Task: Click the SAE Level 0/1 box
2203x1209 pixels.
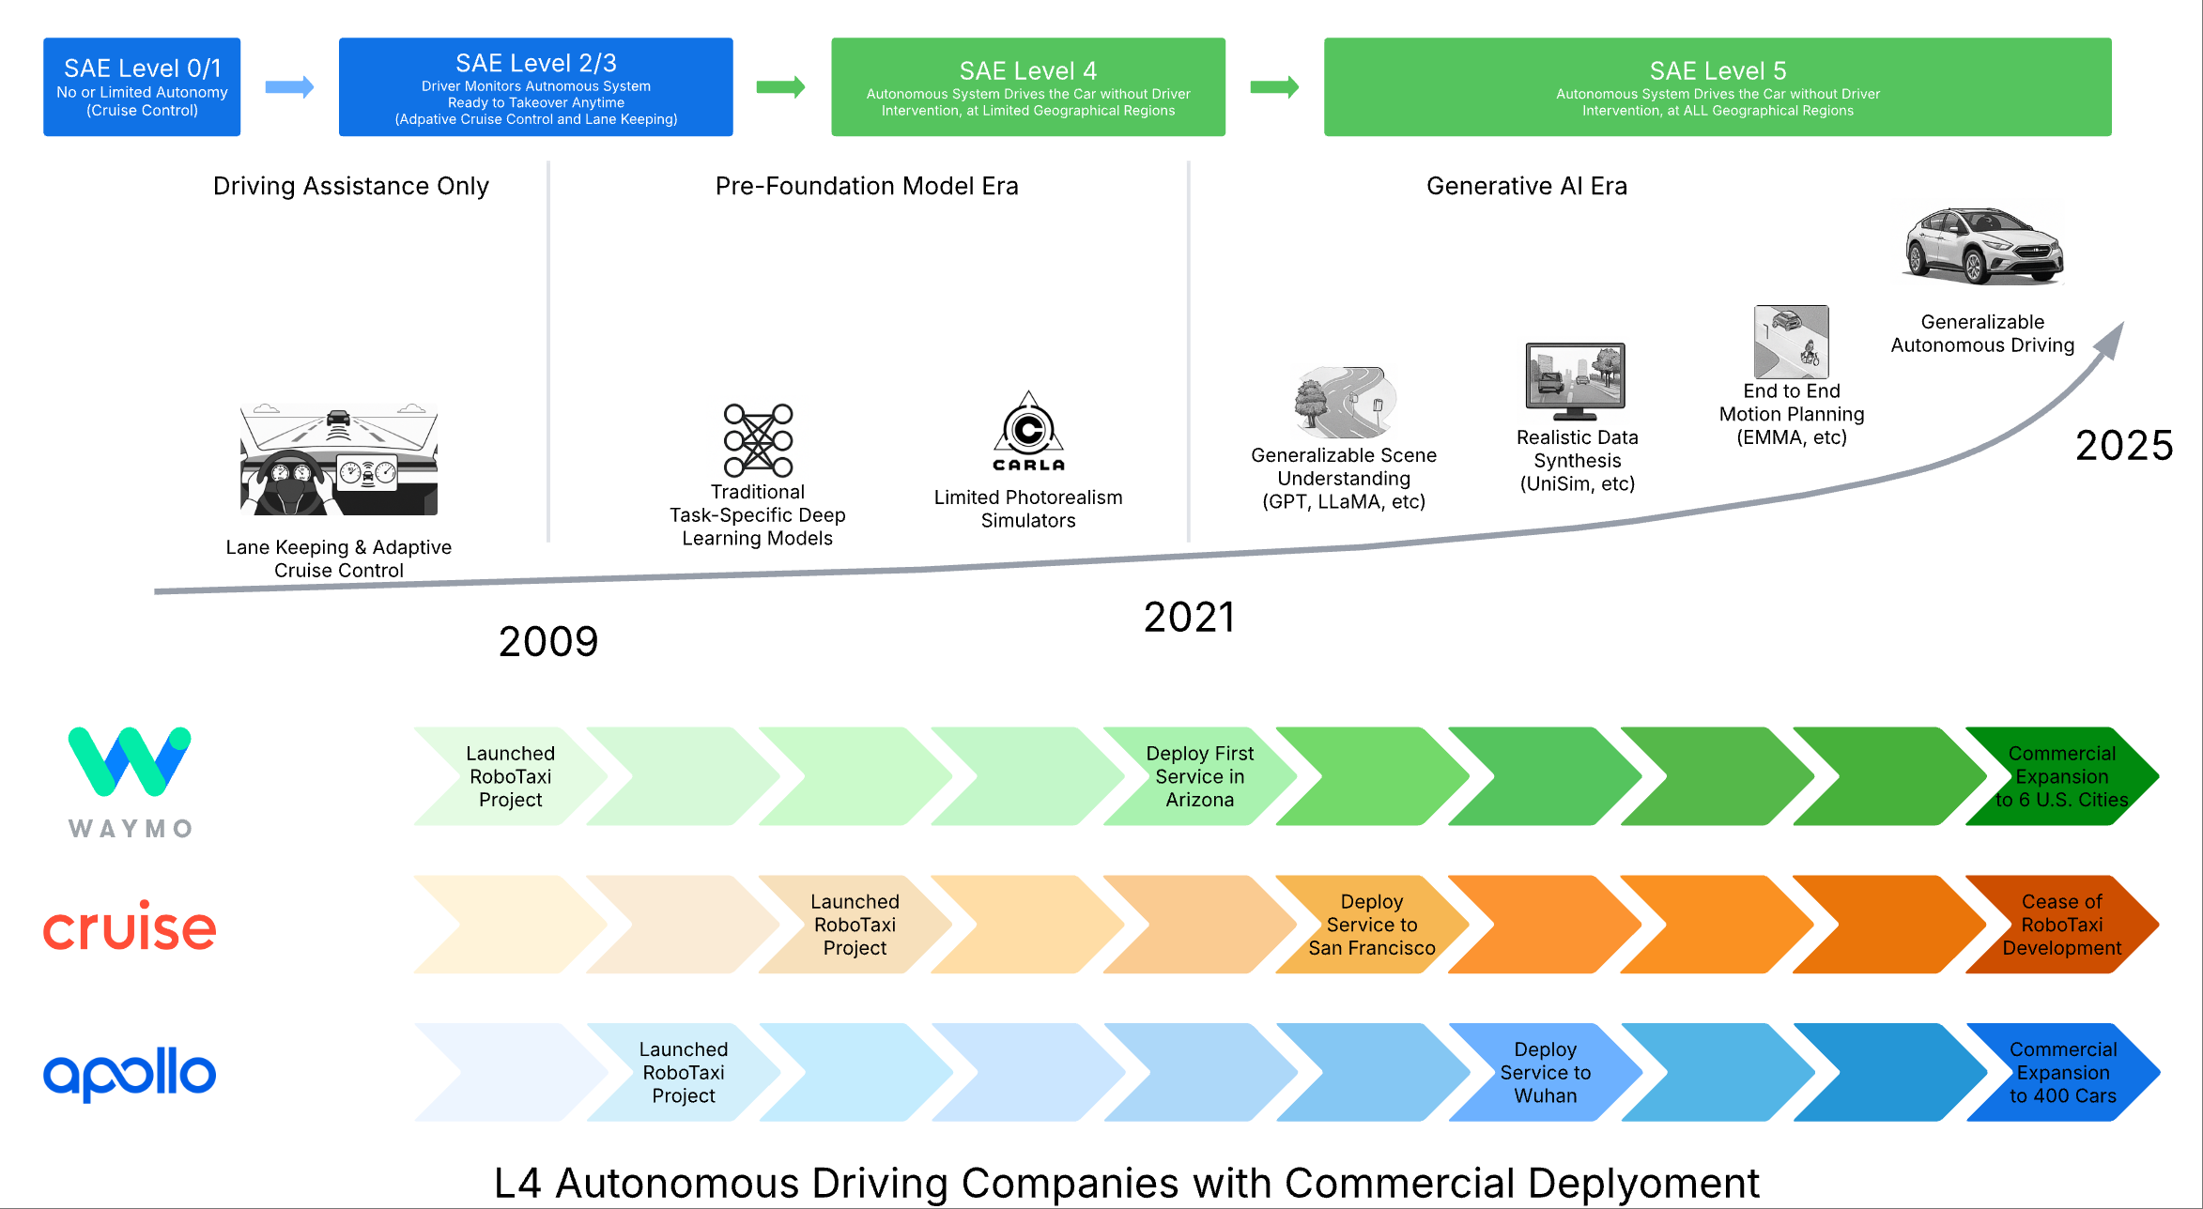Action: click(142, 86)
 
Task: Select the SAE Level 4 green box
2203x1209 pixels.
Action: click(1027, 86)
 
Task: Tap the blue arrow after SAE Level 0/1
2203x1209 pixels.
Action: click(289, 87)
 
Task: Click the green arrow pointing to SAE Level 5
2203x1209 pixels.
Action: click(1274, 87)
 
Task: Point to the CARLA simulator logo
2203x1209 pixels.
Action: click(1028, 433)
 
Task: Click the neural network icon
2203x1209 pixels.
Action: click(758, 440)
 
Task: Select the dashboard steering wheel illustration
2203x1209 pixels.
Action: click(338, 460)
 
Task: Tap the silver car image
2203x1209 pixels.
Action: click(1982, 246)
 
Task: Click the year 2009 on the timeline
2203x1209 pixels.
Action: click(548, 642)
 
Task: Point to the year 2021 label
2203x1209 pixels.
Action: click(1189, 618)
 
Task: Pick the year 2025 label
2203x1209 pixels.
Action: click(2124, 446)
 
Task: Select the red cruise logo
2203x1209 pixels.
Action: click(130, 926)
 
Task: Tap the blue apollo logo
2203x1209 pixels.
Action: click(130, 1073)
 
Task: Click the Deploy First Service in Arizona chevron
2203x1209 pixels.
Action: click(1199, 776)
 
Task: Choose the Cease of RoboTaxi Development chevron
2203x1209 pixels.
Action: click(2061, 925)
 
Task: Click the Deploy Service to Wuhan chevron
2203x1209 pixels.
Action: click(1545, 1072)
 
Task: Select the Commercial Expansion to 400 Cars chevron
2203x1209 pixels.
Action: click(2062, 1072)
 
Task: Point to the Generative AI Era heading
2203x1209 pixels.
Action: click(1526, 186)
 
